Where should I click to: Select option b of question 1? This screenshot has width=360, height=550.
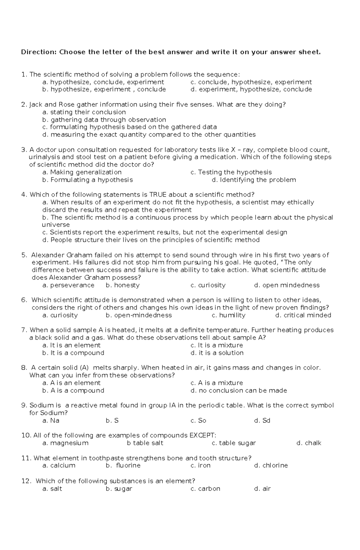[x=104, y=89]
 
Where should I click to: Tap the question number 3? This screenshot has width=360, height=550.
[x=24, y=150]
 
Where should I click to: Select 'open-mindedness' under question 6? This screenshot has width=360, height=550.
[x=139, y=315]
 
